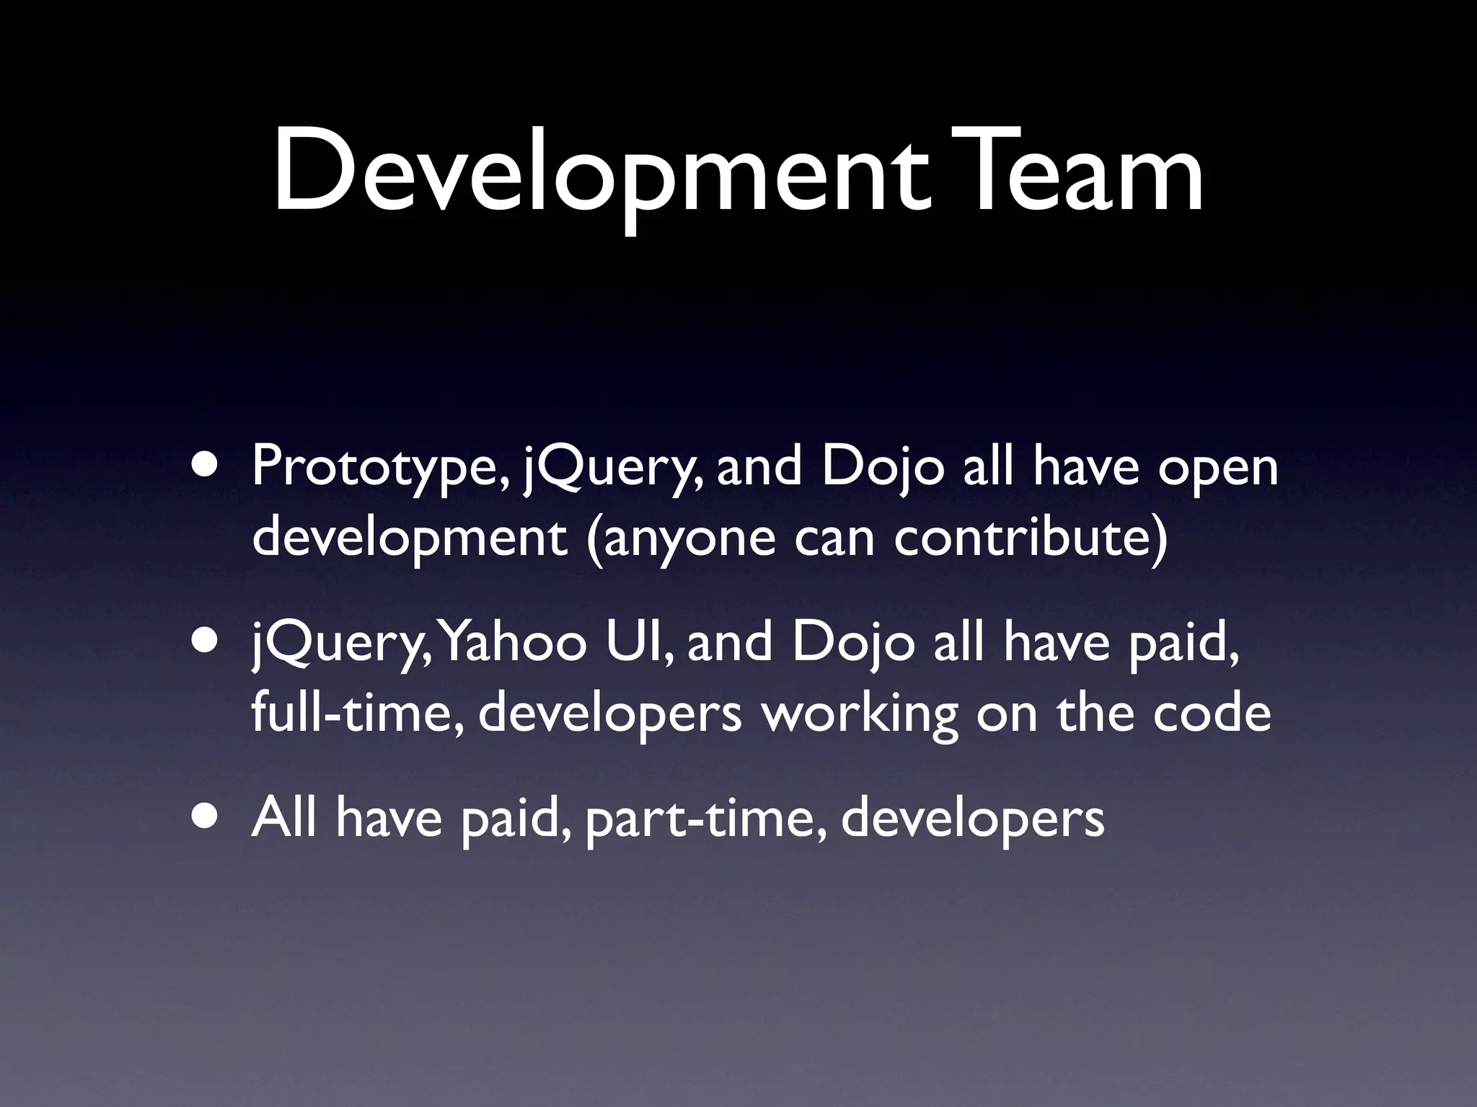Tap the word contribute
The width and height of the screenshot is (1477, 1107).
[1024, 537]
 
